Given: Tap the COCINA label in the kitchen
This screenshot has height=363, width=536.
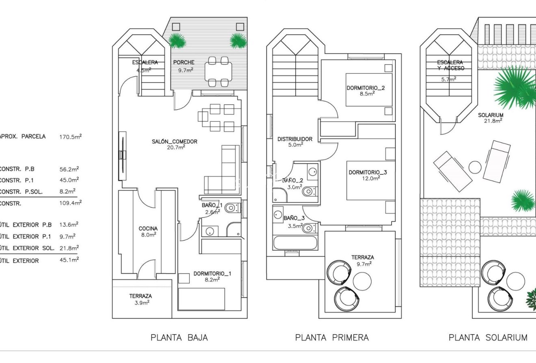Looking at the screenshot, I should (148, 228).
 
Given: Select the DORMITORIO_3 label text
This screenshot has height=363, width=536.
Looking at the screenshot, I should (368, 172).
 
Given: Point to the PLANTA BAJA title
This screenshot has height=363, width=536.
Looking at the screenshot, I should (179, 337).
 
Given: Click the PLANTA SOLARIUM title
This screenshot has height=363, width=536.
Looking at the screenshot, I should (488, 337).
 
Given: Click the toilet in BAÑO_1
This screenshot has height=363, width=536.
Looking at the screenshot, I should (231, 208).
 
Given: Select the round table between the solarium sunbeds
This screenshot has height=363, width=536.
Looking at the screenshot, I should (474, 167).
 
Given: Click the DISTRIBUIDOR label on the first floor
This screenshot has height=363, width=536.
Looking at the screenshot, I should (295, 139).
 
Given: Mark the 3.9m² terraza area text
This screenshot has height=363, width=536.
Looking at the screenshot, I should (141, 303).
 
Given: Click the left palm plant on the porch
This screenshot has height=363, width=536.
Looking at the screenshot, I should (177, 40).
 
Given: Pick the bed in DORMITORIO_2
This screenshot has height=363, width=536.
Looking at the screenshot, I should (369, 90).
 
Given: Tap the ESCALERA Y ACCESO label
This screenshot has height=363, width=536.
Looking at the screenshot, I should (450, 65).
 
